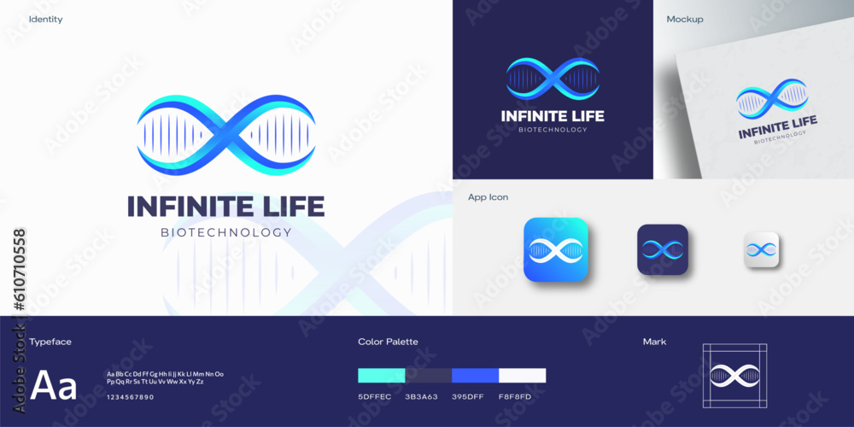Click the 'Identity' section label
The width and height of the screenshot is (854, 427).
45,19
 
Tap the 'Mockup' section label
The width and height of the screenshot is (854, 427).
685,19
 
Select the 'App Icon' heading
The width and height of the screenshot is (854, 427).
488,197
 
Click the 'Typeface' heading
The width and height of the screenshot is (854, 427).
50,342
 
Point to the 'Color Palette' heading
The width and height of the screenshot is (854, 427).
388,342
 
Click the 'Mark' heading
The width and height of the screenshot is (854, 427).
654,342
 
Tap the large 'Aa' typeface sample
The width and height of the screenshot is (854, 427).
54,387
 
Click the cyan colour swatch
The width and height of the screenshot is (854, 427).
381,375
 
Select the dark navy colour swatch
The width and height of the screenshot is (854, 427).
428,375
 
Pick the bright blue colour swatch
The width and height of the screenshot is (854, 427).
475,375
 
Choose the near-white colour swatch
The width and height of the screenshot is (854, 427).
522,375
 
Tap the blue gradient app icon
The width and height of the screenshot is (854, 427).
556,249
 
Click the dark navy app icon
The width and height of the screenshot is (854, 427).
663,249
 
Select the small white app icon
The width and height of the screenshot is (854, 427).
761,249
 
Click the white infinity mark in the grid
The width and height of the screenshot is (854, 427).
735,375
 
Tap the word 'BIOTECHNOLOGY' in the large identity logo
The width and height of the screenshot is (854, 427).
226,232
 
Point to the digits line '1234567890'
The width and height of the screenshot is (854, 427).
131,397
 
